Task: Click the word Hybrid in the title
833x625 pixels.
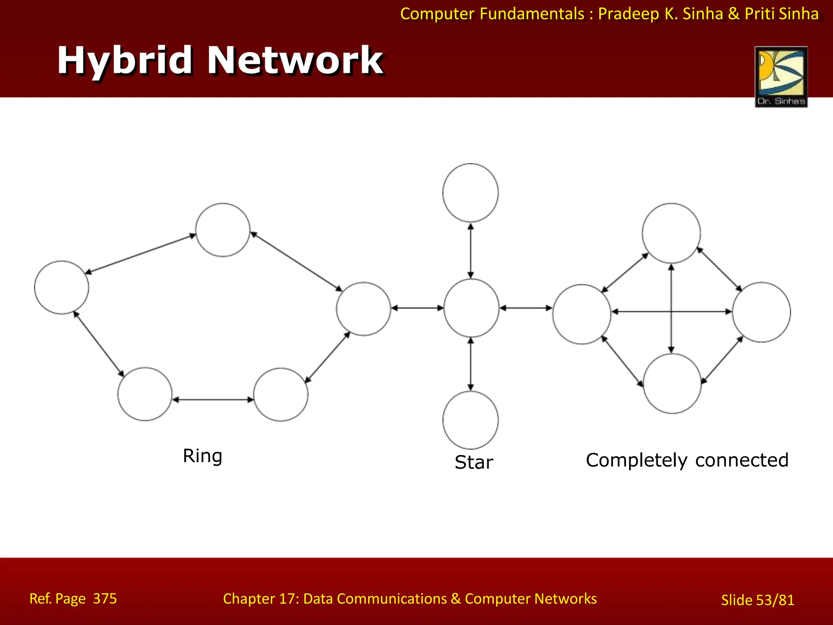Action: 124,61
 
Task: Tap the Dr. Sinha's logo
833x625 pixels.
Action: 781,76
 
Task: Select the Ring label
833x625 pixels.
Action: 202,456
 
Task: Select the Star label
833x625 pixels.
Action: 474,462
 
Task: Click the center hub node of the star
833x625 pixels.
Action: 471,308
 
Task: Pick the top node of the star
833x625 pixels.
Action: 471,193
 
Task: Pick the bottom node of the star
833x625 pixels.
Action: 471,420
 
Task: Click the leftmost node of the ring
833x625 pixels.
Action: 61,287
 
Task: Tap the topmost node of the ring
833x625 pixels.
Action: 222,230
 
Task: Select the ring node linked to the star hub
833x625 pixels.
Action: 363,309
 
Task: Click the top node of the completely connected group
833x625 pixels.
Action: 671,233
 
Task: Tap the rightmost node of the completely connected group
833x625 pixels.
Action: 761,312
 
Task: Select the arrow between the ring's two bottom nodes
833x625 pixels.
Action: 213,400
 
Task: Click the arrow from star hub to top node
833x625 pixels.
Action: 471,250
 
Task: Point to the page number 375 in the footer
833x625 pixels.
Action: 105,599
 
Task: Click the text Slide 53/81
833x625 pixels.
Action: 757,600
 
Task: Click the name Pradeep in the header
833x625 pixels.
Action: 628,14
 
